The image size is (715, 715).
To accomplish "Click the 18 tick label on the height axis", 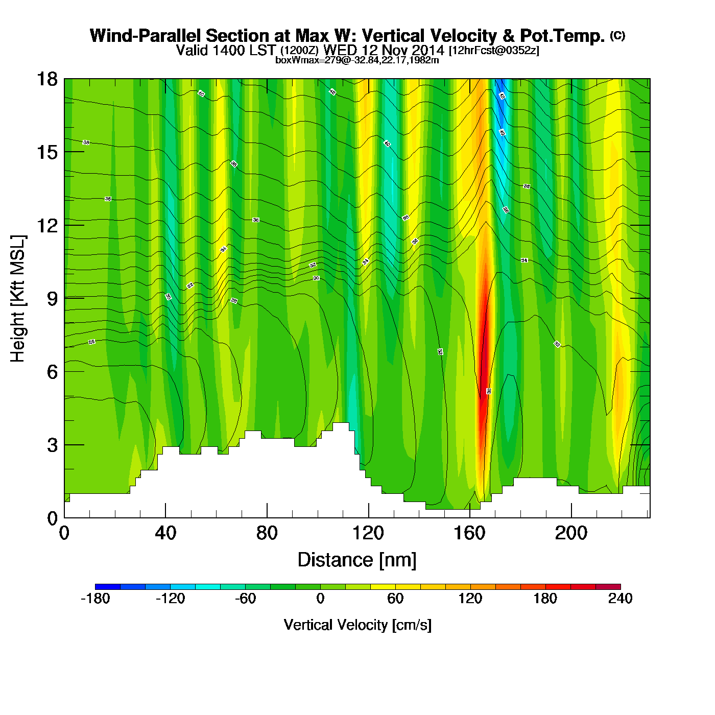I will [x=46, y=79].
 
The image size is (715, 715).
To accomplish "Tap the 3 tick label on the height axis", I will [x=52, y=445].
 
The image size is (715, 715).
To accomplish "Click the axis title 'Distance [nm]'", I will [x=357, y=560].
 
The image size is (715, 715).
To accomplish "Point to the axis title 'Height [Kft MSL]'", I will [x=18, y=299].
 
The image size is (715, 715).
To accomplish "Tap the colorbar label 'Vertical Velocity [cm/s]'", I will [x=357, y=625].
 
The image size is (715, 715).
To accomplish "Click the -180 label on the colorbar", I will [x=96, y=599].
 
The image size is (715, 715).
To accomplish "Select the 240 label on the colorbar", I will [x=620, y=599].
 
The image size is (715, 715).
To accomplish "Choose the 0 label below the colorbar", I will [x=320, y=599].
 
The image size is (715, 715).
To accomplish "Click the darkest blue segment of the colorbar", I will [x=108, y=586].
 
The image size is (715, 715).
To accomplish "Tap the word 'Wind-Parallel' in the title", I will [x=146, y=36].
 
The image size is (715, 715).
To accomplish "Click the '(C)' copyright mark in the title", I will [x=617, y=35].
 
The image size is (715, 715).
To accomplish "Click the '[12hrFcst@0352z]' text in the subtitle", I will [x=494, y=51].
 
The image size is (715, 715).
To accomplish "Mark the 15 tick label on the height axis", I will [x=46, y=153].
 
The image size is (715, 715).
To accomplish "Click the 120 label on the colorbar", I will [x=470, y=599].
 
